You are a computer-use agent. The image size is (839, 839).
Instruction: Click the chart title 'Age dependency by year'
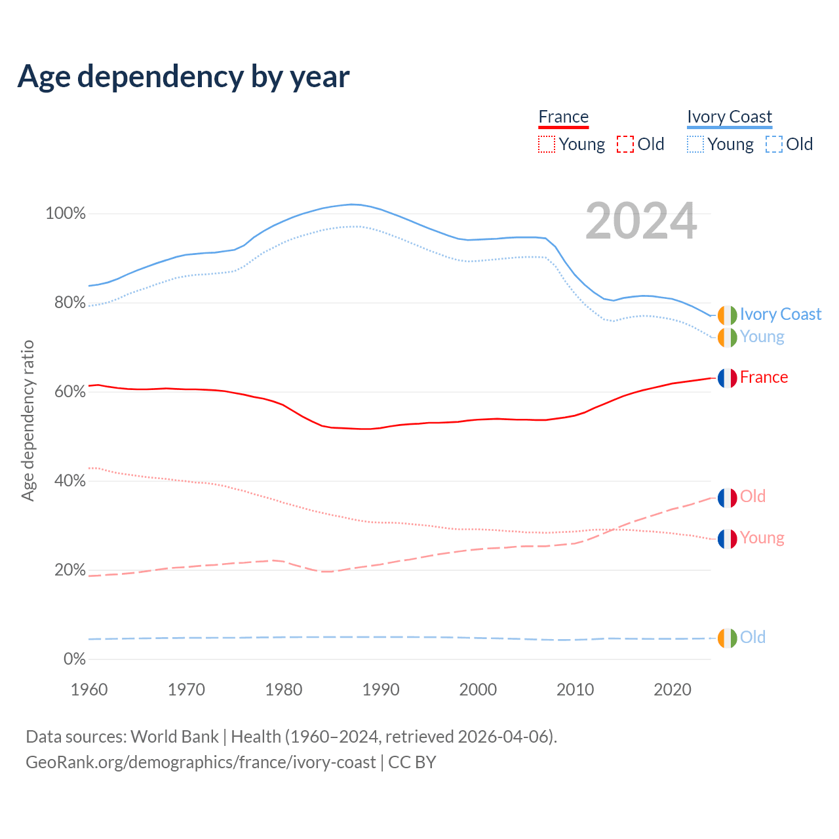tap(184, 77)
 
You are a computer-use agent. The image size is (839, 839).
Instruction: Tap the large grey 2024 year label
tap(641, 222)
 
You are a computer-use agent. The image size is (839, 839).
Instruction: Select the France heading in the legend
tap(564, 117)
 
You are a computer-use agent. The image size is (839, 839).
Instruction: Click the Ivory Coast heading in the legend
tap(730, 117)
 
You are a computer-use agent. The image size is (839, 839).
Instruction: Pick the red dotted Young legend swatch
tap(547, 144)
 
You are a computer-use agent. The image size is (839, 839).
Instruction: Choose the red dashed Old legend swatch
tap(625, 144)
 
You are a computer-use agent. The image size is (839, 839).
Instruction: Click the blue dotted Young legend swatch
tap(695, 144)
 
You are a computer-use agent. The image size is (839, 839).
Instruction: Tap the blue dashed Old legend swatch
tap(774, 144)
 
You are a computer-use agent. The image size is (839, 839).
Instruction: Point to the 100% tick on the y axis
tap(66, 214)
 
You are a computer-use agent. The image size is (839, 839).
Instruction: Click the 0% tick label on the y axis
tap(75, 659)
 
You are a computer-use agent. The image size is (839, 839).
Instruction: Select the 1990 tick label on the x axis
tap(381, 690)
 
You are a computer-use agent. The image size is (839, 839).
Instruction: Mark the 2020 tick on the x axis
tap(673, 690)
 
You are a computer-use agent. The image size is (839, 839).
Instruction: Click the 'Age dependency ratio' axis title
tap(28, 421)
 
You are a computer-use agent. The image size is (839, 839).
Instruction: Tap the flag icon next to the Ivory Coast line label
tap(727, 315)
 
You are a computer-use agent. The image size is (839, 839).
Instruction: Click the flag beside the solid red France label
tap(727, 378)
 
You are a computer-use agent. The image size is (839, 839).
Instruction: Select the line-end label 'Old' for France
tap(752, 497)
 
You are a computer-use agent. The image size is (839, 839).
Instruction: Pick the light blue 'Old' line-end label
tap(752, 638)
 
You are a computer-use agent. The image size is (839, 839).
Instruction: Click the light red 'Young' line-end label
tap(762, 538)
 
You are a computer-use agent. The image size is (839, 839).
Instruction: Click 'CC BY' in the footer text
tap(412, 762)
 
